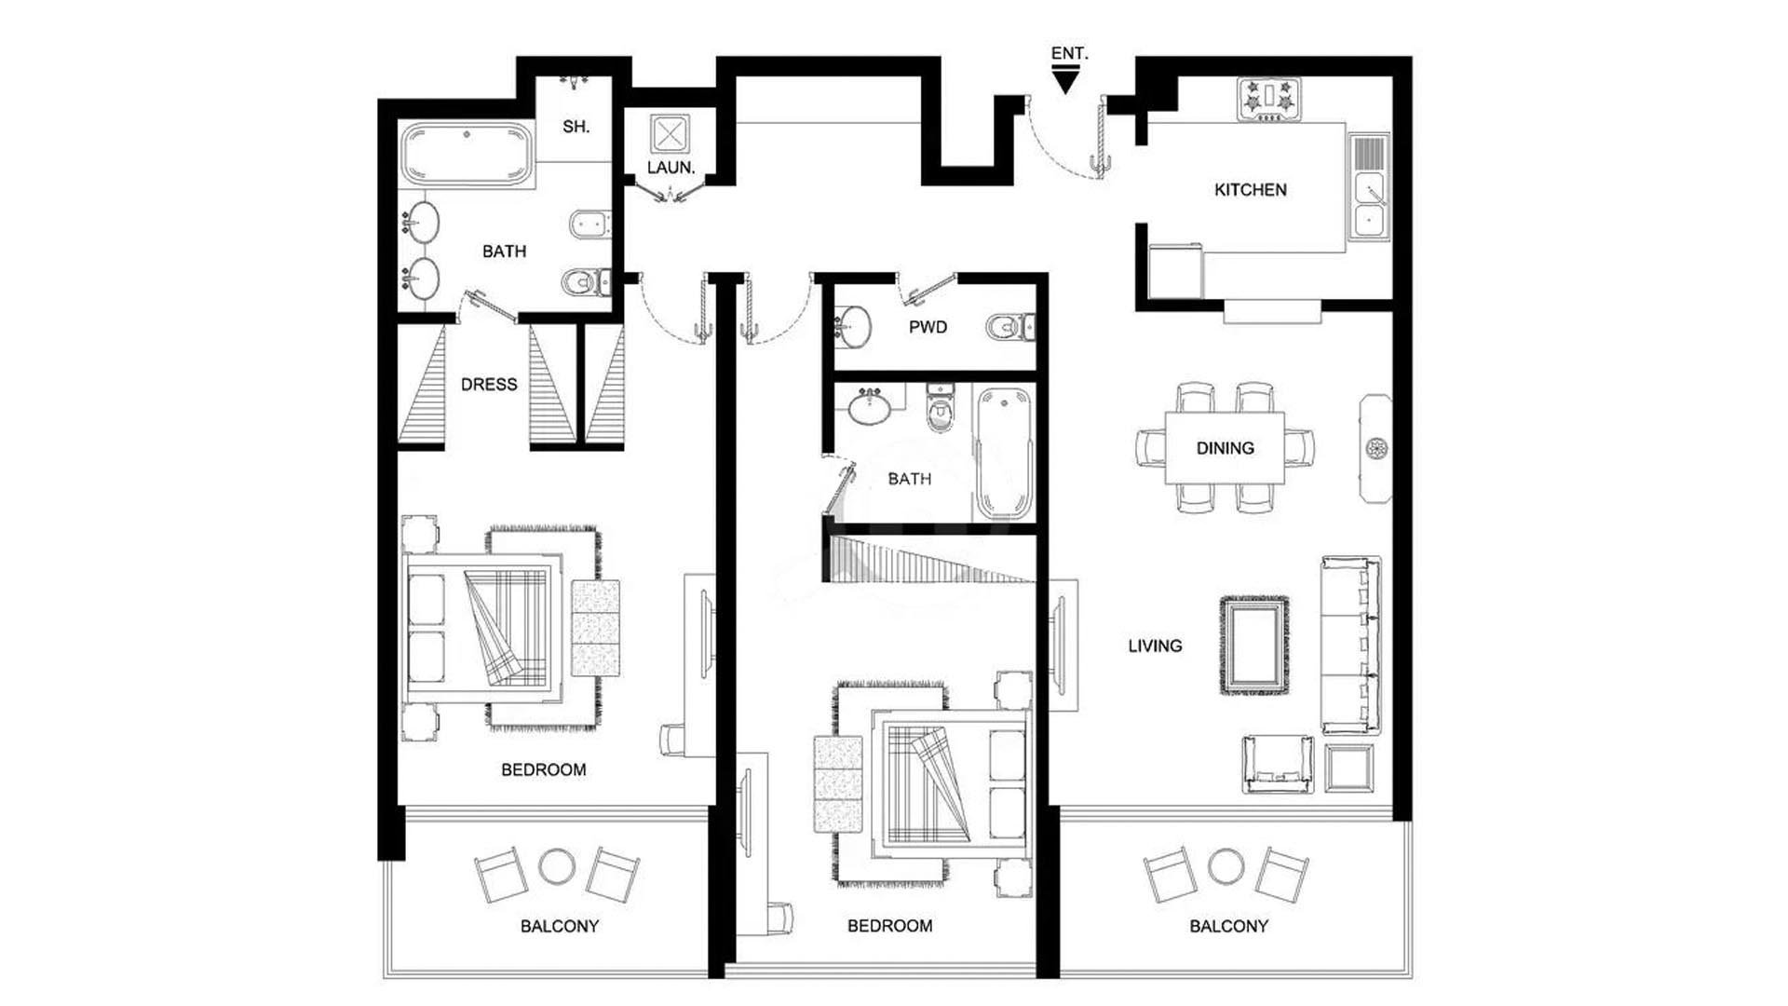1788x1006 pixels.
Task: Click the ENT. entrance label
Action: (x=1069, y=53)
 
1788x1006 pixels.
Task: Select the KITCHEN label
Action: (x=1250, y=190)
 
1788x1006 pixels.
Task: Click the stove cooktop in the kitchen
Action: (x=1268, y=100)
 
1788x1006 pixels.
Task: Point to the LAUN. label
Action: (x=670, y=168)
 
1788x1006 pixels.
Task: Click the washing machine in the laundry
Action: (x=668, y=134)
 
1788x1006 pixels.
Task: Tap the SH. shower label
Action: (x=576, y=127)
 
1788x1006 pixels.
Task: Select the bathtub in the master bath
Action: (x=467, y=156)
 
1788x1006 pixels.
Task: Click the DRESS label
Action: (x=489, y=385)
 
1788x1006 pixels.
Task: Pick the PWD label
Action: (x=928, y=327)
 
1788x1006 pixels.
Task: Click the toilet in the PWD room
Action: (x=1009, y=327)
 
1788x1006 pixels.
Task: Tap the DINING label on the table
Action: (x=1225, y=448)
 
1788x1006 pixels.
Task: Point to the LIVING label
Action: (x=1155, y=646)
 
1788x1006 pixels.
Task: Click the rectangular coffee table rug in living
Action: (x=1254, y=645)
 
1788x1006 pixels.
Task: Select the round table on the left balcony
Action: (x=557, y=866)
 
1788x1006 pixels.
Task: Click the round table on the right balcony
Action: (x=1226, y=866)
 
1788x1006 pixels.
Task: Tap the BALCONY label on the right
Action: (x=1228, y=926)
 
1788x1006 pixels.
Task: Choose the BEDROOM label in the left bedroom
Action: (x=543, y=769)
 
